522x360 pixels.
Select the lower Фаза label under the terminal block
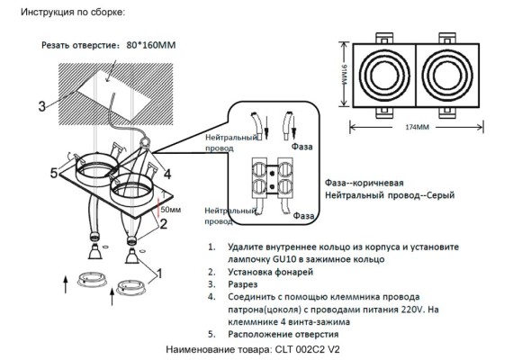point(302,217)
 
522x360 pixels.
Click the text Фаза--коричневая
point(364,181)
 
